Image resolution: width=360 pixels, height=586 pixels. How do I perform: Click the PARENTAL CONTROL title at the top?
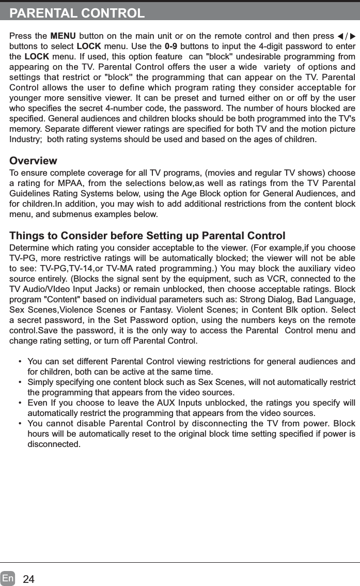click(x=77, y=13)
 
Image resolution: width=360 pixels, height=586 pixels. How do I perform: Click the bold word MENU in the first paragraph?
click(x=63, y=36)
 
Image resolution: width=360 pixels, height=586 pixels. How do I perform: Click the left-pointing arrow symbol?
click(x=340, y=37)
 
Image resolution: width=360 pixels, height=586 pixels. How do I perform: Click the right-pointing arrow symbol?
click(x=353, y=37)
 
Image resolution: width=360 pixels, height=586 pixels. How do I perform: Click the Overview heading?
click(x=34, y=161)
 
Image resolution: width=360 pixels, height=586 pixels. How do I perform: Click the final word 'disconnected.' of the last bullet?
click(x=54, y=444)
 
